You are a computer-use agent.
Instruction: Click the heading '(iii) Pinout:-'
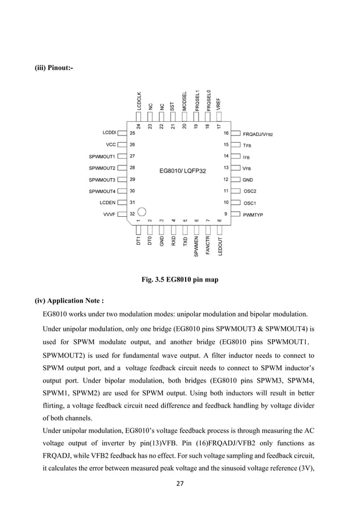54,68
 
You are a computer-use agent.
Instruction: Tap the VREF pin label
218,104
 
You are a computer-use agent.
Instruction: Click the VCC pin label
111,144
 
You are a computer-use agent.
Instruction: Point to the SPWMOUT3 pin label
102,179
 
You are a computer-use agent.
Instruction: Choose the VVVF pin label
109,214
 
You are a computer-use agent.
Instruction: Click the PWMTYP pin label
253,214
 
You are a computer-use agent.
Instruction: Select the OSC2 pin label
250,191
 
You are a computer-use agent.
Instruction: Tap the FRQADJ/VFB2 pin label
258,134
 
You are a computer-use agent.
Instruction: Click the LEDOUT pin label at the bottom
219,247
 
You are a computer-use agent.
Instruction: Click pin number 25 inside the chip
133,133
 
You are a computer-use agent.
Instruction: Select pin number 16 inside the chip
226,133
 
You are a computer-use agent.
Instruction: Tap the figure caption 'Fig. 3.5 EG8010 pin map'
179,279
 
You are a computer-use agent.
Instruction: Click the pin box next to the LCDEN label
122,203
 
